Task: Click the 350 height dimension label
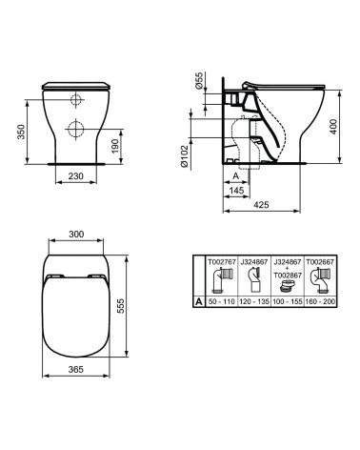21,132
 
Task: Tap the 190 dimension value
115,146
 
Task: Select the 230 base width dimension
76,175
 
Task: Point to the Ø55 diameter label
198,81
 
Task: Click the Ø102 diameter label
185,156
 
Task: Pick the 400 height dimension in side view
333,127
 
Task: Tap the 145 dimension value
236,190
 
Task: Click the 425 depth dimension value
261,205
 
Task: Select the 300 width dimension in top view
76,234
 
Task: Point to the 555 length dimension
122,306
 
